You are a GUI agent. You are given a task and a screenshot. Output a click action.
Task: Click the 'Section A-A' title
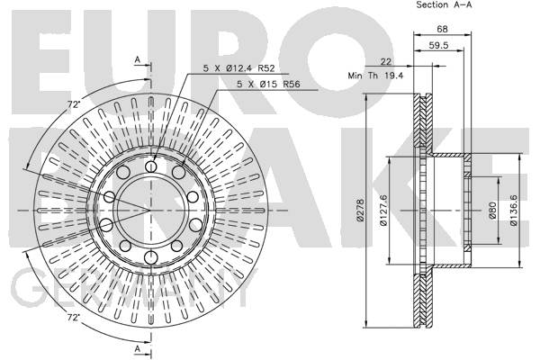444,4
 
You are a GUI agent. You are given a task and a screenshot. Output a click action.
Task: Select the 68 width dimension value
442,29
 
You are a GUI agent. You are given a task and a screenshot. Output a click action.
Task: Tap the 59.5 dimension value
438,45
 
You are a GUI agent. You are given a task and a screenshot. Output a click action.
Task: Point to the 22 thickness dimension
386,61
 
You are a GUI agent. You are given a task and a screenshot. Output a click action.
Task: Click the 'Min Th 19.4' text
375,76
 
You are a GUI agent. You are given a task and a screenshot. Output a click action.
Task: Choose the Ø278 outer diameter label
360,210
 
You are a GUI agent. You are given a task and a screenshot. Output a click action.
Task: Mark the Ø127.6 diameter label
383,210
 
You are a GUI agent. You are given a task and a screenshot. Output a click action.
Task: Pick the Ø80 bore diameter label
492,210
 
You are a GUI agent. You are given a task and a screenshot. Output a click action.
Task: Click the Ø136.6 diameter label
514,210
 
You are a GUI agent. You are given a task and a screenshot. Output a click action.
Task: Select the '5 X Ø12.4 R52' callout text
239,68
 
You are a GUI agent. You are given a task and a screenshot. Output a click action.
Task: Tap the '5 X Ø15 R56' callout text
268,84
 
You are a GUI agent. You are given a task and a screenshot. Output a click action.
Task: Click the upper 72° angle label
74,104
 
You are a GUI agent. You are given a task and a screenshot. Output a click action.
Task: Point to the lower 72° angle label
73,318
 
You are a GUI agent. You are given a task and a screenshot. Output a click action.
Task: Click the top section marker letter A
138,60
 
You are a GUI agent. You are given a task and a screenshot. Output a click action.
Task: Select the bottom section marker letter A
138,348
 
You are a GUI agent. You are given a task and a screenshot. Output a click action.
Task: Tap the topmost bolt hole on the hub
151,167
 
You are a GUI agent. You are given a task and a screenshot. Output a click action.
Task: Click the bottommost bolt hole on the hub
151,257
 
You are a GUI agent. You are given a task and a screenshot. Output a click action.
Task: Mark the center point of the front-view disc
151,210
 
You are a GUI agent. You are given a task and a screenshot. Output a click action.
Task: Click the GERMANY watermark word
134,289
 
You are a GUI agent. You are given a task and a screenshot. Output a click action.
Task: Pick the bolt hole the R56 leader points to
178,172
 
